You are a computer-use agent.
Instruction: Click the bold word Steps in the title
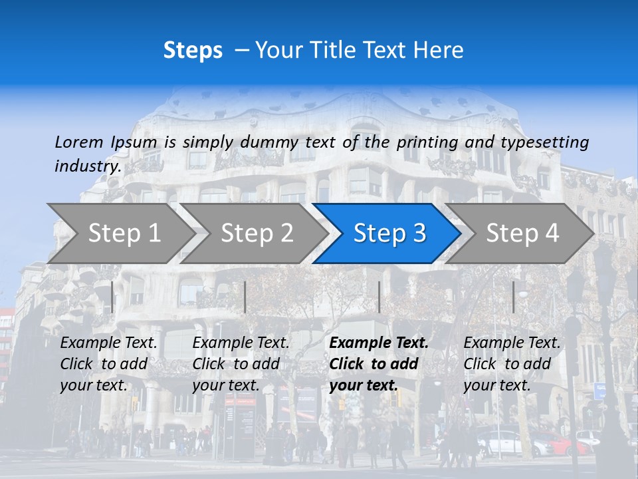(193, 51)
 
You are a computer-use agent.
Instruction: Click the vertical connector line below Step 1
(112, 297)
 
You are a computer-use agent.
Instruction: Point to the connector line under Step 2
(245, 297)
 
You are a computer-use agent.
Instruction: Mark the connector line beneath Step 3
(379, 297)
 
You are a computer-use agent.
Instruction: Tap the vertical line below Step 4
(513, 297)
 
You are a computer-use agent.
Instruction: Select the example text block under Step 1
(108, 364)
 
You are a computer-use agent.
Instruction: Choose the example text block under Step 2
(241, 364)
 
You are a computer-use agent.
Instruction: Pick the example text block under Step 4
(512, 364)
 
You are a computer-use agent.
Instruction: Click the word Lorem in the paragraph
(79, 142)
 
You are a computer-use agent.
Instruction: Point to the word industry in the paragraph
(87, 166)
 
